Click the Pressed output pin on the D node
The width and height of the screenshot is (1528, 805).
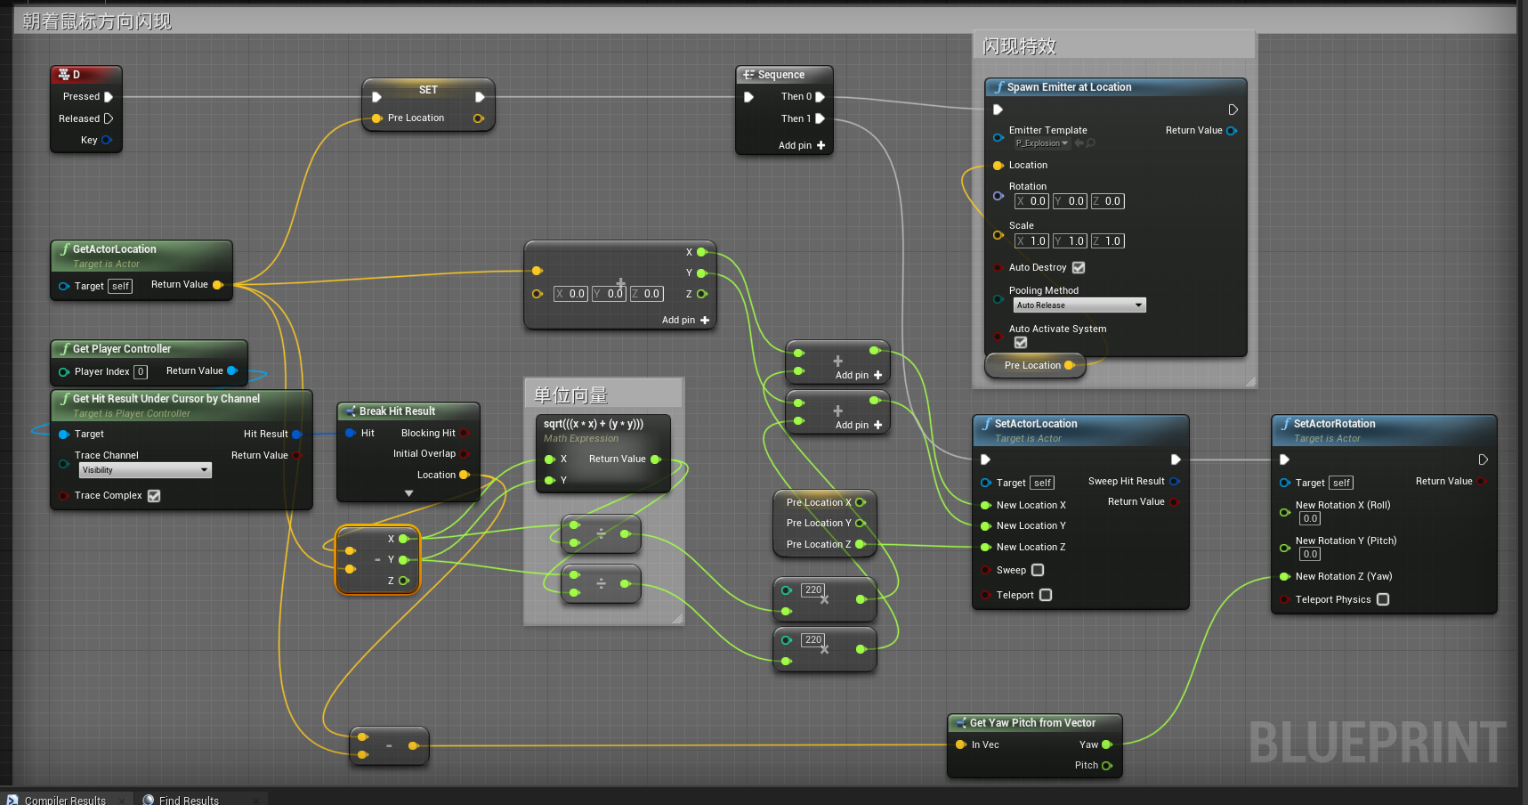(x=109, y=97)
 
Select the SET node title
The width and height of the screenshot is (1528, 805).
(x=428, y=90)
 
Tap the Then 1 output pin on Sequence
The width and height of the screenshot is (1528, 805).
(x=820, y=118)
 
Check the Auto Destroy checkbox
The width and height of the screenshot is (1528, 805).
(x=1079, y=267)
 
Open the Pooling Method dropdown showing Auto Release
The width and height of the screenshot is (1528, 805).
(x=1079, y=305)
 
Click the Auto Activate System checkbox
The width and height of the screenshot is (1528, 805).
(x=1021, y=342)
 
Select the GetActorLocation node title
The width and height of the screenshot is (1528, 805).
(x=114, y=249)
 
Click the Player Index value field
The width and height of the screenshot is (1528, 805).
(x=141, y=372)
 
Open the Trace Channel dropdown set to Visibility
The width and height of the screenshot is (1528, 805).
(x=145, y=470)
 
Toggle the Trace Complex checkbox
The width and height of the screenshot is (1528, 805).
(x=154, y=496)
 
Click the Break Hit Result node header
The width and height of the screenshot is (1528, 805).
(x=397, y=411)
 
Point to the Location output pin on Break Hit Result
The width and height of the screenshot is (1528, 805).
(x=464, y=475)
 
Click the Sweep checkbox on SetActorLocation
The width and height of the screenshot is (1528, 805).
(x=1038, y=570)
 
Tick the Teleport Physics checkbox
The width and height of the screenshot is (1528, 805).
(x=1383, y=599)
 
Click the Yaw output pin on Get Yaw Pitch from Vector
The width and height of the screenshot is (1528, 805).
(x=1107, y=744)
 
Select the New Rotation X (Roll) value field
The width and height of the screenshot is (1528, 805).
(x=1310, y=518)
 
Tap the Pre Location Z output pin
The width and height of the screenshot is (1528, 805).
(x=861, y=544)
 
